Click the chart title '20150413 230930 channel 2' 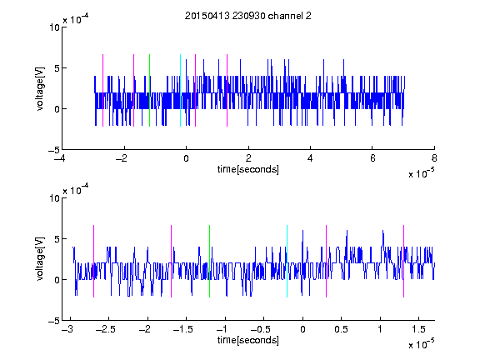[248, 16]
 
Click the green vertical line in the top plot [149, 90]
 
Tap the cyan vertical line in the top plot [180, 90]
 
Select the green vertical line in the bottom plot [210, 261]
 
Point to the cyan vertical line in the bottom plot [287, 261]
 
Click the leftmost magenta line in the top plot [102, 90]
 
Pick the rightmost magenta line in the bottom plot [404, 261]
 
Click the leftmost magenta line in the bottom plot [93, 261]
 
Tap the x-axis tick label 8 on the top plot [434, 158]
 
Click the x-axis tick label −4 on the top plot [60, 158]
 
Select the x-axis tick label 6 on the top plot [372, 158]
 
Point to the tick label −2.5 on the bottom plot [105, 329]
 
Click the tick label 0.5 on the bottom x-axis [342, 329]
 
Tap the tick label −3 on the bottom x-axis [67, 329]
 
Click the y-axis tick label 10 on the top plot [54, 27]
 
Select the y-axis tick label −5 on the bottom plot [54, 321]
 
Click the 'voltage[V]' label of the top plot [40, 89]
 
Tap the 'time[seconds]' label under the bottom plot [248, 340]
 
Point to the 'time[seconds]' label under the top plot [248, 169]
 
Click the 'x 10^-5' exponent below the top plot [421, 173]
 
